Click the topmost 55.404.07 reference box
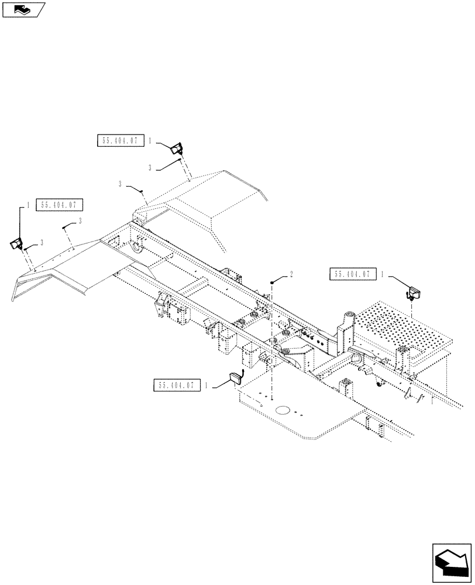point(119,141)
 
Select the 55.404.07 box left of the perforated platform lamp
point(353,274)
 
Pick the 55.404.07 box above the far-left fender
point(60,205)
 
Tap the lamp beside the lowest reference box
point(238,378)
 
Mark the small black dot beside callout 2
point(273,282)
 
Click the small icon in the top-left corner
point(23,9)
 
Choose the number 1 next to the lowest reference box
point(206,385)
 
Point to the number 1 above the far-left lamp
point(27,205)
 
